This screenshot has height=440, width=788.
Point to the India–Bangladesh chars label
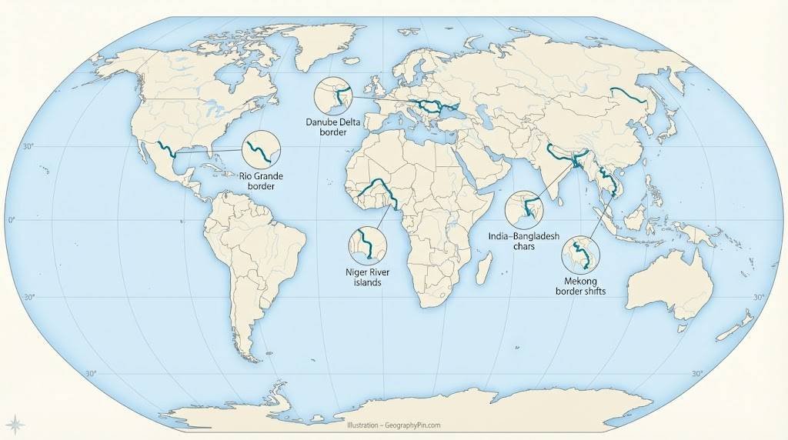[x=524, y=242]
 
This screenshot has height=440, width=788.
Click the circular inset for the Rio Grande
[x=261, y=149]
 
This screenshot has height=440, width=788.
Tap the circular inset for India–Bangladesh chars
[x=524, y=208]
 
